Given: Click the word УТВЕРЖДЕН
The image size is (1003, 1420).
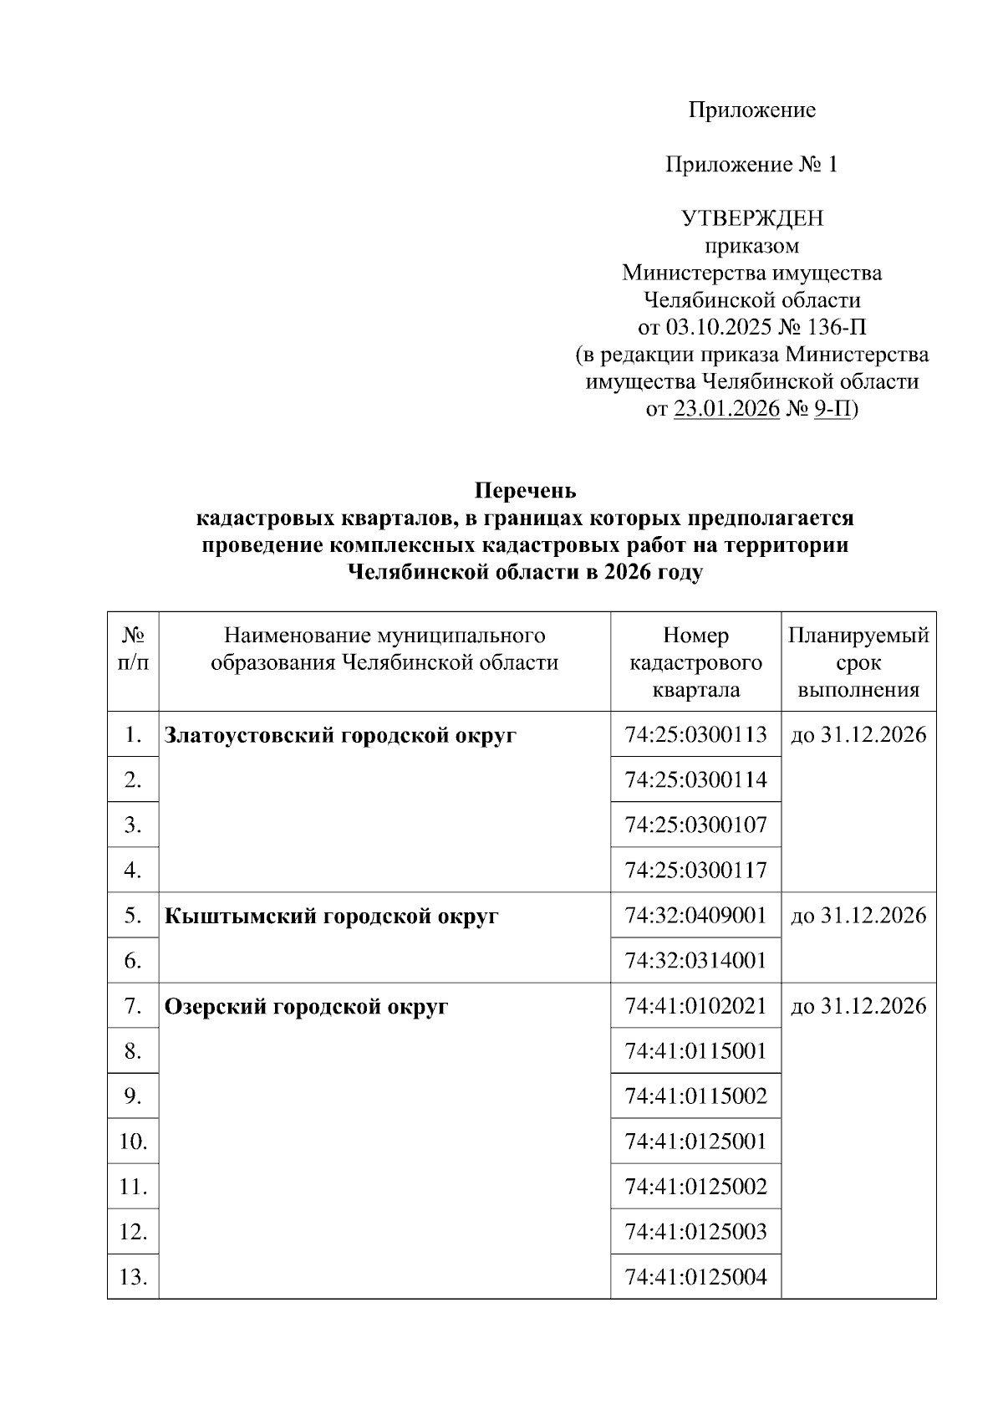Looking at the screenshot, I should (x=752, y=218).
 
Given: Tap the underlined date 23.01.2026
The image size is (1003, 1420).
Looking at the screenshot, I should (x=726, y=409).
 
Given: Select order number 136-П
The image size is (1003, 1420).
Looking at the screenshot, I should (x=838, y=327).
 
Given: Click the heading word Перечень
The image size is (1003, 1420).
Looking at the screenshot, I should (x=525, y=490).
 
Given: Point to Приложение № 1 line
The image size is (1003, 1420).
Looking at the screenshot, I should (x=751, y=165).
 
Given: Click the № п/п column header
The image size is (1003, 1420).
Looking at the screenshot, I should (x=133, y=649).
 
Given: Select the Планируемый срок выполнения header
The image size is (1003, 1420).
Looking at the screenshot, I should (x=858, y=662).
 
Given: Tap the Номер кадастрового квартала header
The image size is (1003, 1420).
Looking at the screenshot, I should (x=695, y=662).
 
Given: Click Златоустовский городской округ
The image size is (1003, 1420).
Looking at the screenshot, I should (x=340, y=736).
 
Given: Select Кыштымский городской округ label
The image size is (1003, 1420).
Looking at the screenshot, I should (x=331, y=917).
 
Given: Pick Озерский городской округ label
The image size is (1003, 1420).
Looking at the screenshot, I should (x=306, y=1007).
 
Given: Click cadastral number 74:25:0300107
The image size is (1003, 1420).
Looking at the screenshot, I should (x=695, y=825).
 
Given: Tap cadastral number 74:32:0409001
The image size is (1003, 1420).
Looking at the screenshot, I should (x=695, y=916).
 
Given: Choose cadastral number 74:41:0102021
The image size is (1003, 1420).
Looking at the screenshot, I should (x=695, y=1006).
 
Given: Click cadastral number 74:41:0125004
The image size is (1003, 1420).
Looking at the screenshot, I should (x=695, y=1277).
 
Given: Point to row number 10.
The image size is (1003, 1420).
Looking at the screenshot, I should (x=133, y=1142).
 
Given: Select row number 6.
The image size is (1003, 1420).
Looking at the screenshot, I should (x=133, y=961).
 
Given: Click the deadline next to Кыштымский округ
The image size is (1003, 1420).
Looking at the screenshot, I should (x=858, y=916).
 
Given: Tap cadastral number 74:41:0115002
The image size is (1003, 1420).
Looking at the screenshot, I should (x=695, y=1096).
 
